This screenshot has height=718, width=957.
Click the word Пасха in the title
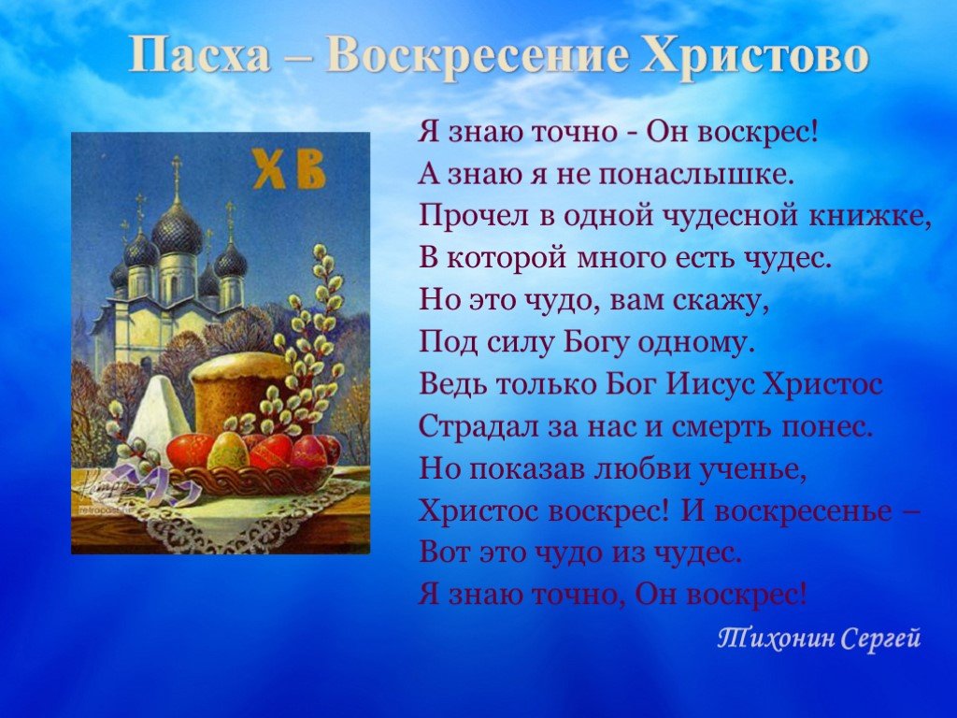(200, 56)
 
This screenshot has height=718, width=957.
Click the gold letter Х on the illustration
(269, 170)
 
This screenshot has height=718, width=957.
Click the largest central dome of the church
(177, 231)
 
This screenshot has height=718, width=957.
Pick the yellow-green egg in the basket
(226, 450)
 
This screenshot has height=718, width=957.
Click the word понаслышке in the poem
(694, 176)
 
